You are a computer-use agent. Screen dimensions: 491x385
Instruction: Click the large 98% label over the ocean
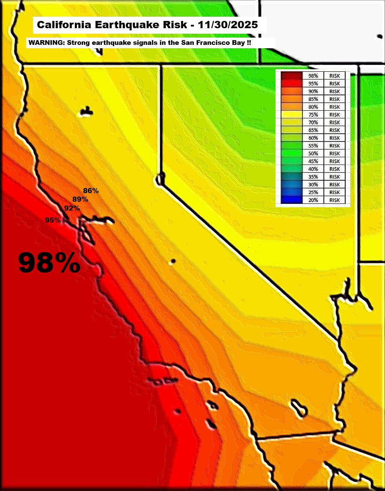tap(49, 262)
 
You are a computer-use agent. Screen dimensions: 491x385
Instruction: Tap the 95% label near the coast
tap(53, 220)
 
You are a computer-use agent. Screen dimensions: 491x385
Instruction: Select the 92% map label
tap(72, 208)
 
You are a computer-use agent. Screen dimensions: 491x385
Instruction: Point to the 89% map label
tap(80, 199)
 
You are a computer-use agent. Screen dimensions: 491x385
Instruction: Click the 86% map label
tap(91, 191)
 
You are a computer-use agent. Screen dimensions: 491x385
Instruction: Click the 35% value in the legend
tap(313, 176)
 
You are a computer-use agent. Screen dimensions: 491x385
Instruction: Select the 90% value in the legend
tap(313, 91)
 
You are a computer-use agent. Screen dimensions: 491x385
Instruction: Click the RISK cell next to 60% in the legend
tap(335, 138)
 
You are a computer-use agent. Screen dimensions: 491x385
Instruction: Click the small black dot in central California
tap(173, 261)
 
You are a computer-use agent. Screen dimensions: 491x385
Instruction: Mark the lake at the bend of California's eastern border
tap(161, 178)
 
